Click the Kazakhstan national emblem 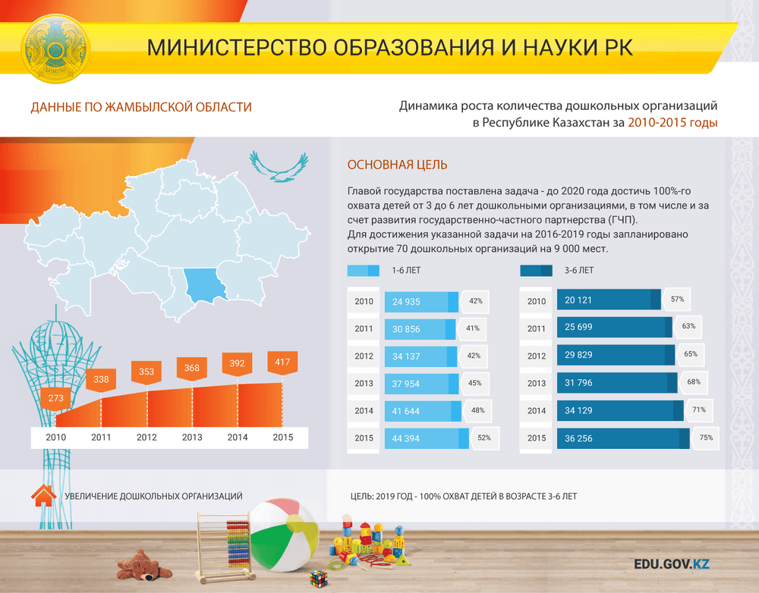(x=55, y=49)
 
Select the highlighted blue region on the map (x=205, y=285)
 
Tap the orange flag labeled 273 (x=55, y=399)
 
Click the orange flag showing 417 (x=282, y=362)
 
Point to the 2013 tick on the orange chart (x=192, y=438)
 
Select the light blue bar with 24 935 (x=421, y=302)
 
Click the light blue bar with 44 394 (x=427, y=438)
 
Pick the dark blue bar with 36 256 (x=623, y=438)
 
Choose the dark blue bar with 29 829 (x=616, y=355)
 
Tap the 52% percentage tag (x=484, y=438)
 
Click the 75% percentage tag (x=706, y=438)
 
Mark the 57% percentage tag (x=677, y=300)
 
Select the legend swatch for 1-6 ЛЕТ (x=363, y=271)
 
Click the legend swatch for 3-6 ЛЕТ (x=537, y=271)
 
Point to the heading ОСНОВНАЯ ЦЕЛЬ (x=398, y=165)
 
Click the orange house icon (x=43, y=496)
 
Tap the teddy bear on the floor (x=143, y=565)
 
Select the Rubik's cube (x=319, y=579)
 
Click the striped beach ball (x=284, y=535)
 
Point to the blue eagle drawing (x=279, y=167)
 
